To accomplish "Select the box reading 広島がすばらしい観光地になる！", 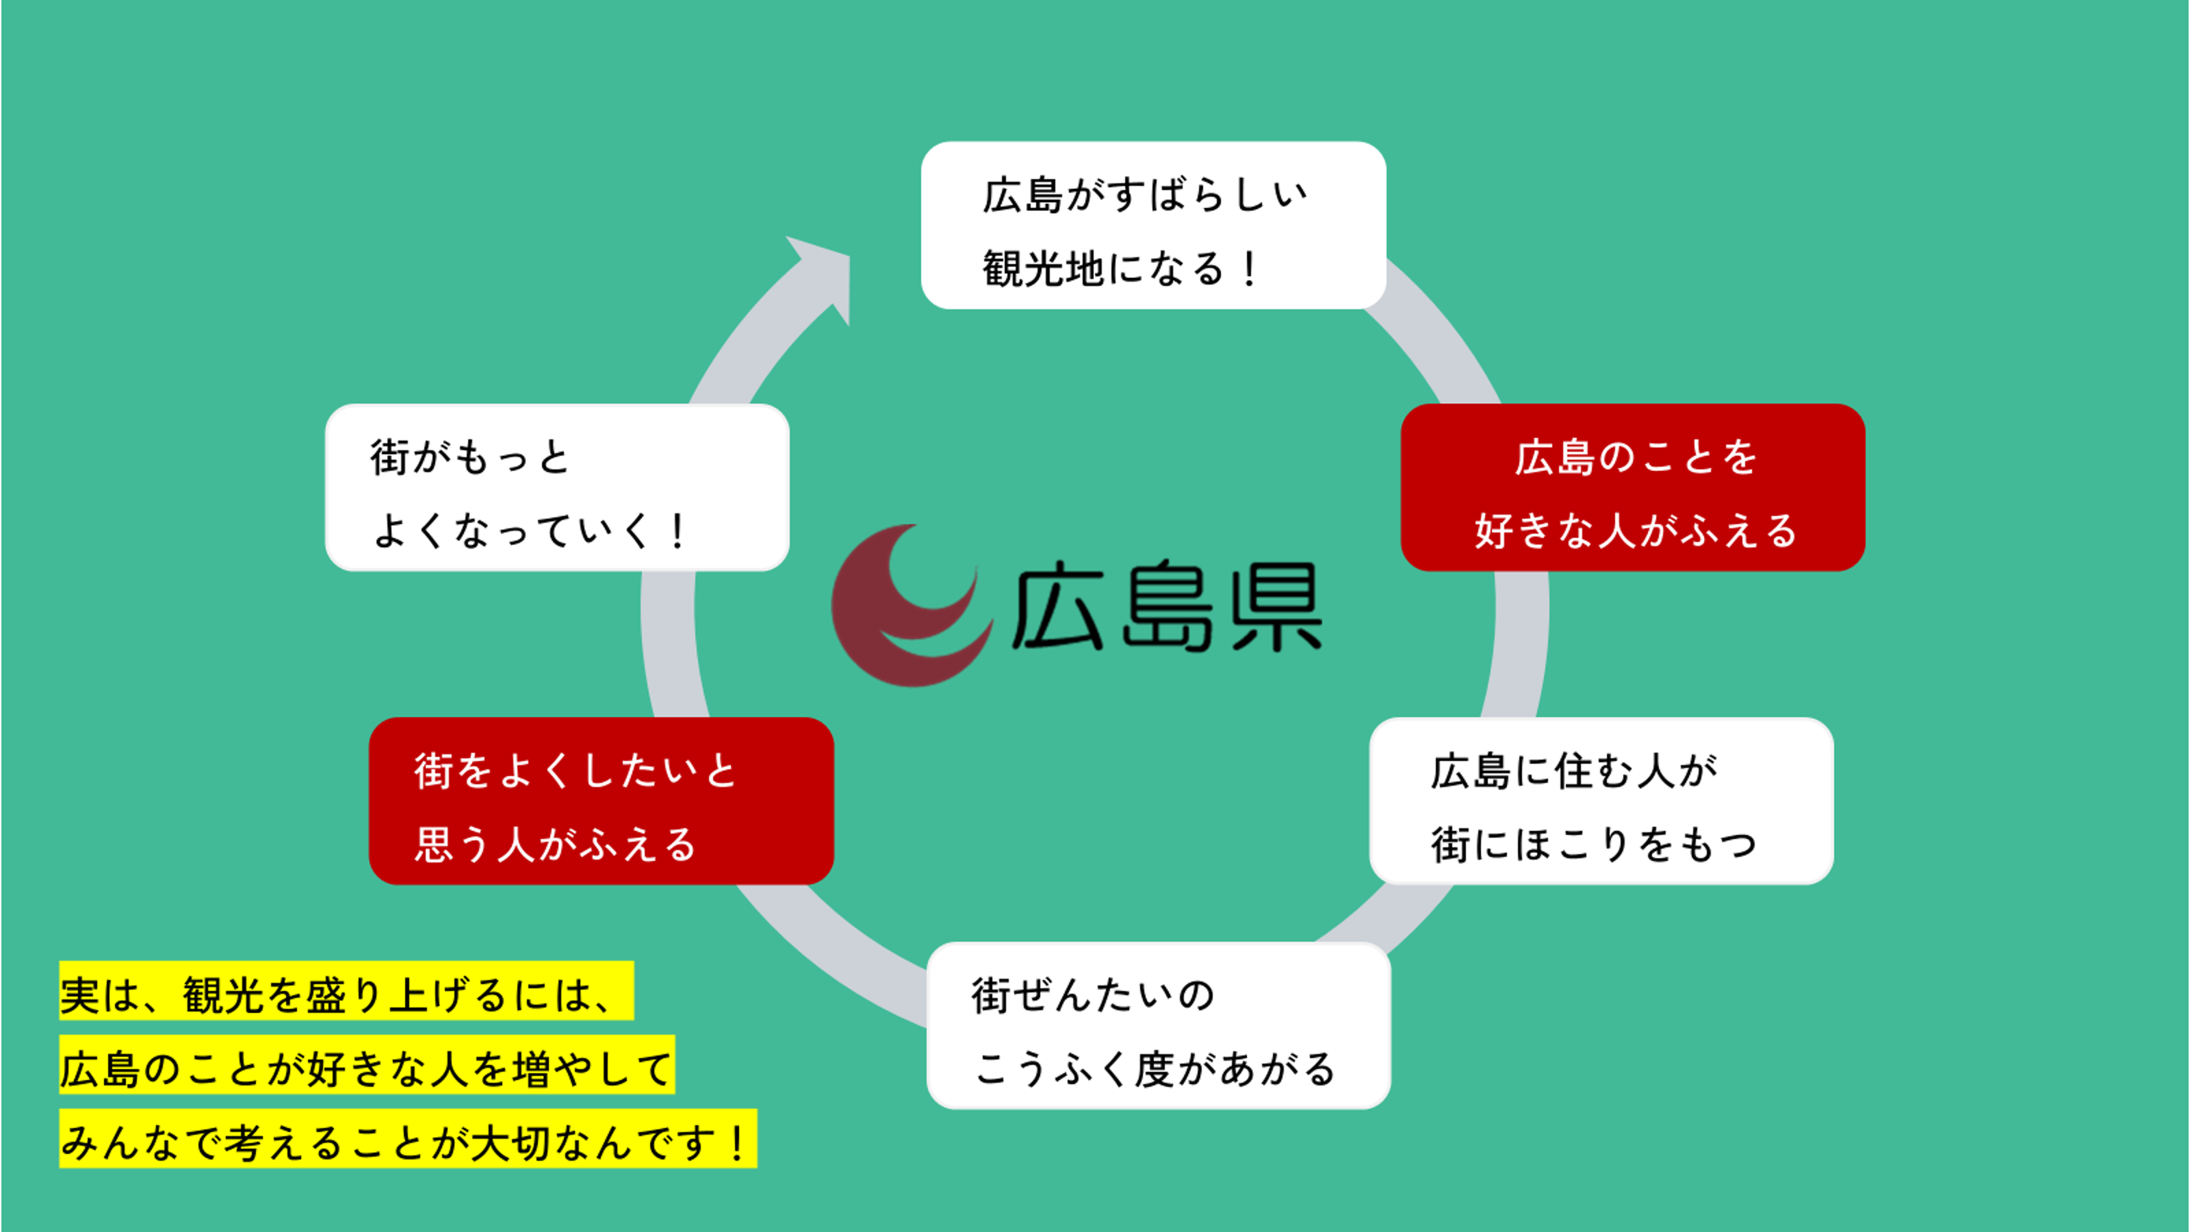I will tap(1154, 225).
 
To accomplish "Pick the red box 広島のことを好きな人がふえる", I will tap(1632, 487).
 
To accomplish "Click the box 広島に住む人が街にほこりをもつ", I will tap(1601, 801).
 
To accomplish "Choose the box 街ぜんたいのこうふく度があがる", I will tap(1159, 1025).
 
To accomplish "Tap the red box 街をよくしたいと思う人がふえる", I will tap(601, 801).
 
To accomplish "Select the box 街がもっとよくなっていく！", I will tap(557, 487).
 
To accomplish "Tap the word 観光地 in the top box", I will tap(1044, 269).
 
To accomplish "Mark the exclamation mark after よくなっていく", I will tap(678, 531).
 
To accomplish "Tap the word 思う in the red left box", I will tap(454, 845).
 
